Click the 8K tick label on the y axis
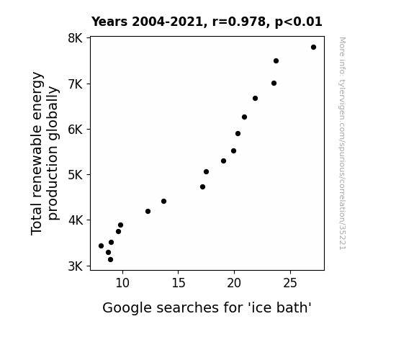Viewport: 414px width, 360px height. click(76, 38)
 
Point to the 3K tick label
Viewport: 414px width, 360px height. click(76, 266)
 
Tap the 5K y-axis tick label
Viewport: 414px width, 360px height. click(76, 175)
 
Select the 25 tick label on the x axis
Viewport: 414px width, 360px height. click(290, 283)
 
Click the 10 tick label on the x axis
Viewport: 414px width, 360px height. click(122, 283)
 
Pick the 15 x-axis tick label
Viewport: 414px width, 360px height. click(179, 283)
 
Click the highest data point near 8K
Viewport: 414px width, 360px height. click(313, 48)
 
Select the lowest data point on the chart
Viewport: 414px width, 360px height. click(110, 260)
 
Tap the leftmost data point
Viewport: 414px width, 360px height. click(101, 246)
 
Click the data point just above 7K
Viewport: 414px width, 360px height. click(274, 84)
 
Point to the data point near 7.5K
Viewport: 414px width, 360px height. click(276, 61)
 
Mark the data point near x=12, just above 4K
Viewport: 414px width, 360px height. click(148, 211)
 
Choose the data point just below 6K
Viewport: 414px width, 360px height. click(238, 134)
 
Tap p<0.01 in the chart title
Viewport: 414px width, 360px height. click(299, 22)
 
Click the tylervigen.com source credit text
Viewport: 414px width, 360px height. click(342, 143)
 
